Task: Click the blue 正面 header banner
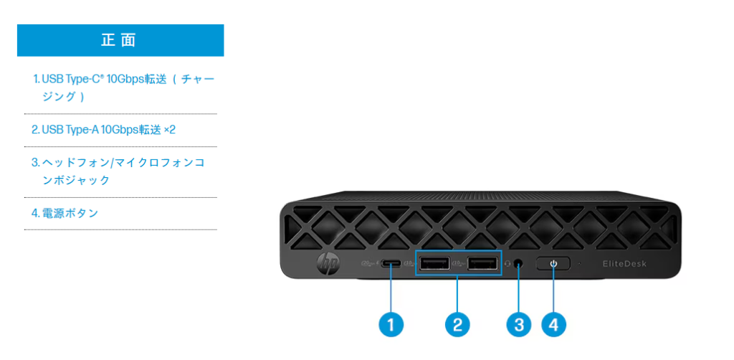[x=120, y=40]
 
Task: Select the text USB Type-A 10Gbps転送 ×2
[x=103, y=130]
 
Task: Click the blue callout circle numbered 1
[x=391, y=324]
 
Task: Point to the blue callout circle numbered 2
[x=457, y=324]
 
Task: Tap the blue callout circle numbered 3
[x=518, y=324]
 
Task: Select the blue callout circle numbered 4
[x=553, y=324]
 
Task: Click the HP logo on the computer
[x=327, y=265]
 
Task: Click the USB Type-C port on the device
[x=391, y=263]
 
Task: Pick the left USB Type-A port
[x=434, y=263]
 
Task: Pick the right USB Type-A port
[x=482, y=263]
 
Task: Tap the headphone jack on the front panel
[x=518, y=263]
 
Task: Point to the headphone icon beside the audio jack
[x=507, y=263]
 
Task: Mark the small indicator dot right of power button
[x=579, y=263]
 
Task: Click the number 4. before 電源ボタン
[x=35, y=213]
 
